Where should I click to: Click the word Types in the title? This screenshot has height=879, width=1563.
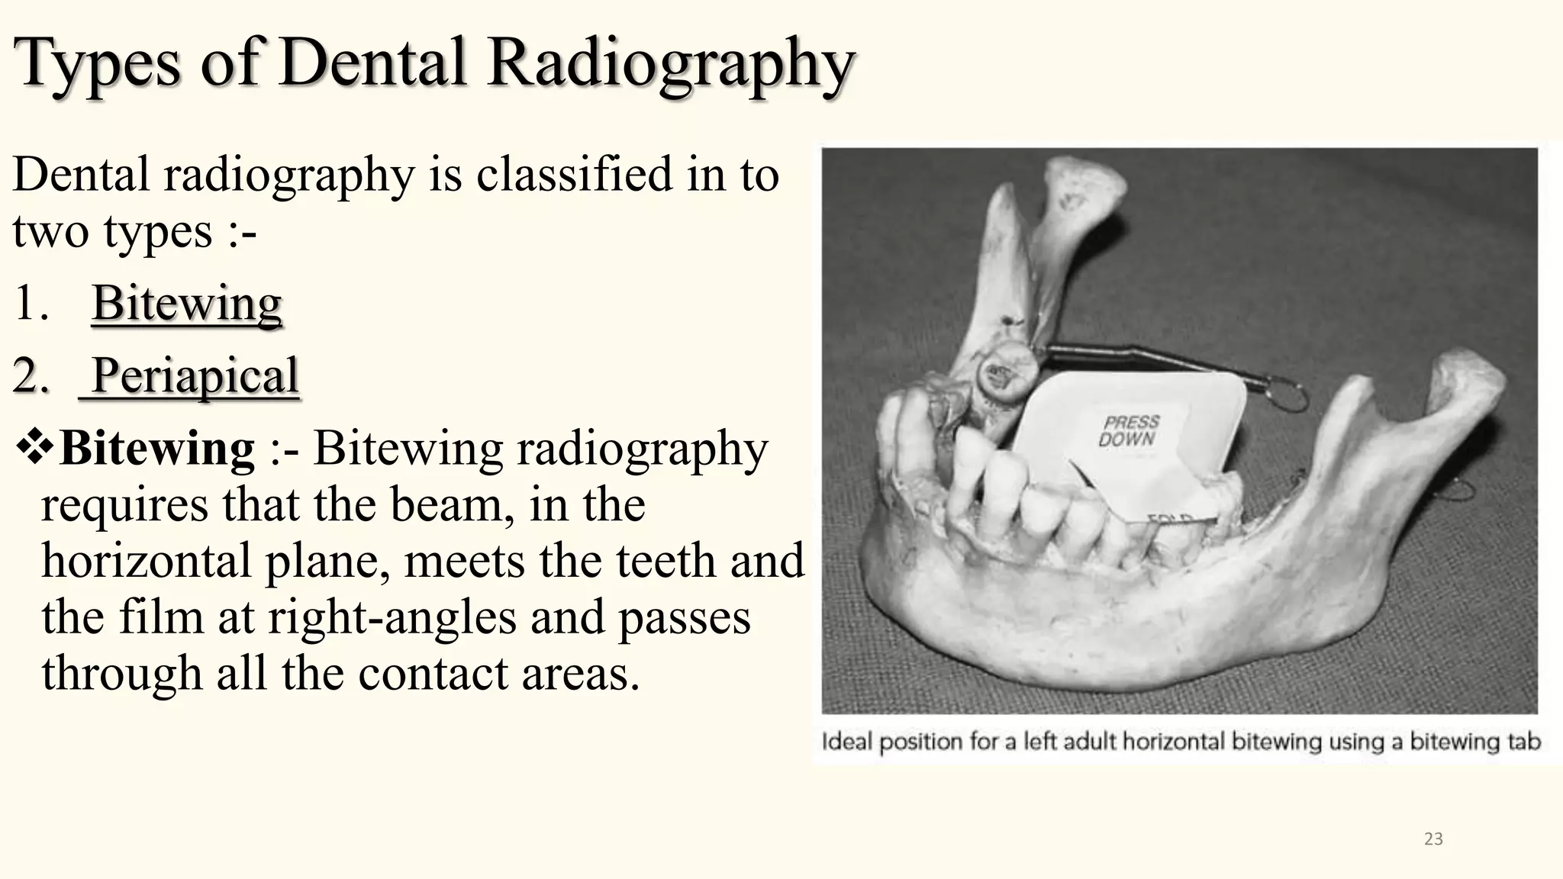click(98, 63)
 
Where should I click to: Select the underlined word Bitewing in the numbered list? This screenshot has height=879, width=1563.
click(187, 304)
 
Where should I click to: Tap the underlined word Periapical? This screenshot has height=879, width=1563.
click(195, 376)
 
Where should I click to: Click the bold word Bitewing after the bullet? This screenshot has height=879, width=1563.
click(157, 449)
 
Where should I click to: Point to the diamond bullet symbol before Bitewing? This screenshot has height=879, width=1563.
click(34, 448)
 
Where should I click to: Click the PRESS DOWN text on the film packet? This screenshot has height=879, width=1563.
click(1129, 430)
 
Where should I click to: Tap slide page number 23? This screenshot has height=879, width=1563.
click(1433, 839)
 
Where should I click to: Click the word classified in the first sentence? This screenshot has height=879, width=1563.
click(574, 175)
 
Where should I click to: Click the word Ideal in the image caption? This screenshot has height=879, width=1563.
click(846, 742)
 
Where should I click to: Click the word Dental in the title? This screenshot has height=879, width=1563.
click(372, 63)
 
